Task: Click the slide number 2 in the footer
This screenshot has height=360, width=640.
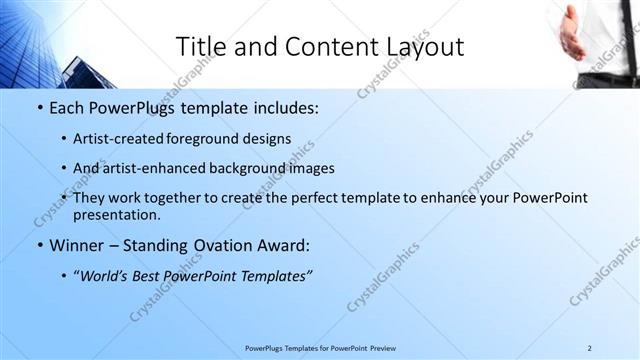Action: (x=589, y=348)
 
